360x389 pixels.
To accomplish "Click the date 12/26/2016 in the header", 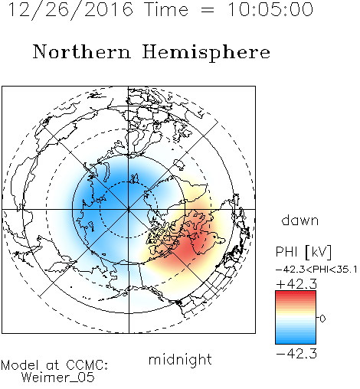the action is click(70, 10).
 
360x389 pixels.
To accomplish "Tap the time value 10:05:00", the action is click(270, 10).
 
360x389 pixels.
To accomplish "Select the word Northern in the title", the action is click(82, 51).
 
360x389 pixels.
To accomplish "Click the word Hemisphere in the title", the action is click(206, 52).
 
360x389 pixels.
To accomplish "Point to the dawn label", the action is click(300, 220).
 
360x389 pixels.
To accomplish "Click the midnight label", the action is click(180, 360).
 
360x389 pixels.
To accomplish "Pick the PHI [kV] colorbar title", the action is click(303, 252).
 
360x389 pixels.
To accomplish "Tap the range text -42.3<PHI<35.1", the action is click(316, 270).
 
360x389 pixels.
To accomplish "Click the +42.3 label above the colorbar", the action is click(296, 284).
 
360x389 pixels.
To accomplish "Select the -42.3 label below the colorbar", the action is click(296, 354).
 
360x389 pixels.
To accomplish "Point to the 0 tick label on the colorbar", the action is click(322, 319).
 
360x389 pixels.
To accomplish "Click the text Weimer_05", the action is click(58, 378).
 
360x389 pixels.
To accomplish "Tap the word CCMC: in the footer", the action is click(87, 365).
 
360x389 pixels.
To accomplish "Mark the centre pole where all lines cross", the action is click(129, 209).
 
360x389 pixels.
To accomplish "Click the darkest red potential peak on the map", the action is click(190, 247).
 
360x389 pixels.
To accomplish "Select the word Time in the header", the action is click(166, 10).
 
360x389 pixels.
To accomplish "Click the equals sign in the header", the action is click(207, 10).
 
